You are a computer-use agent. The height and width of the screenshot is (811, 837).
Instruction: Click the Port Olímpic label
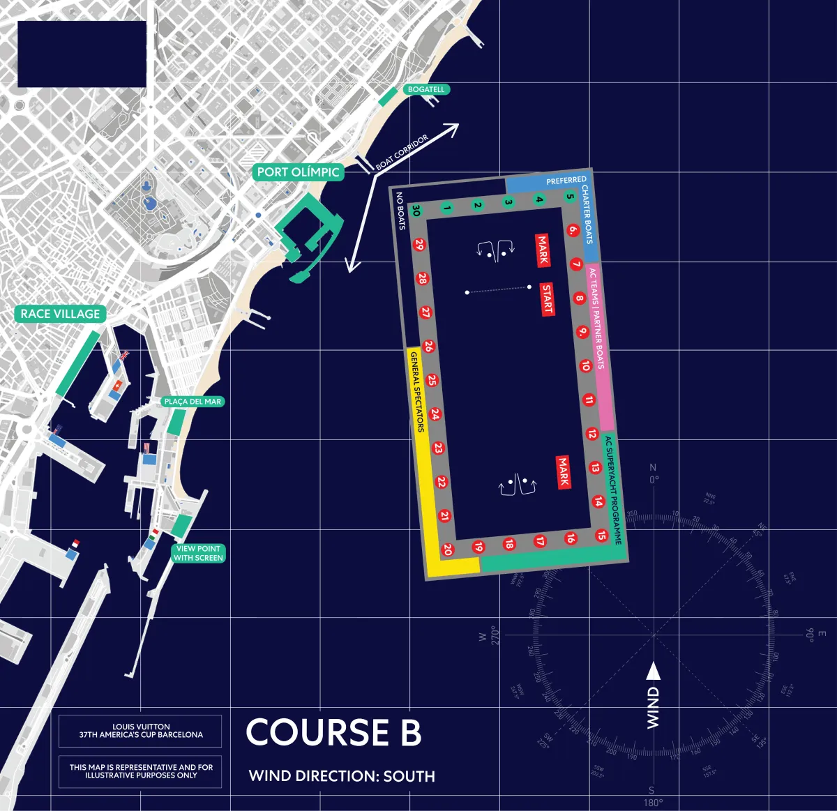(298, 172)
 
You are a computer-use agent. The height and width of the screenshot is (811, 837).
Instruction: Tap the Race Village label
(60, 314)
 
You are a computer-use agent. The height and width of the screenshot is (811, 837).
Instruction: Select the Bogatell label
(426, 89)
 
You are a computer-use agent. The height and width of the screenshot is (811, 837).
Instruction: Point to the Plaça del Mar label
(193, 402)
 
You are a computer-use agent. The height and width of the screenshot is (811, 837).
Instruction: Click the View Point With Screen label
(199, 553)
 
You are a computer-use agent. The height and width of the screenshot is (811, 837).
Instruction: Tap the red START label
(548, 299)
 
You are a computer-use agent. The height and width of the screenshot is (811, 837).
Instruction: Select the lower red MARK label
(564, 472)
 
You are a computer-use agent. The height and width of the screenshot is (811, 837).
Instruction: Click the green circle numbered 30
(416, 211)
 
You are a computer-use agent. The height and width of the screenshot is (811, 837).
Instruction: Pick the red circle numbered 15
(601, 535)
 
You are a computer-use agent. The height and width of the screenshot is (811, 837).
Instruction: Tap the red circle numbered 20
(448, 549)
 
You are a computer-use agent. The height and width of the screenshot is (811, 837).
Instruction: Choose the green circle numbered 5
(570, 197)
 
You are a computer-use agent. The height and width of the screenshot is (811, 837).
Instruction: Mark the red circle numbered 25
(432, 380)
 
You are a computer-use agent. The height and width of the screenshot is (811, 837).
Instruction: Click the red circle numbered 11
(589, 400)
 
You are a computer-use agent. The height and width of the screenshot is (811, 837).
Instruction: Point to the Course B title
(333, 732)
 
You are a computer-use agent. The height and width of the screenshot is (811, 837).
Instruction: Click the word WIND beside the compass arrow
(653, 708)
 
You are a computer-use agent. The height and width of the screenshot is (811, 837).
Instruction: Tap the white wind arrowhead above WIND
(653, 671)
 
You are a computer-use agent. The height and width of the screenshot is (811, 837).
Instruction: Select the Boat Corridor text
(402, 153)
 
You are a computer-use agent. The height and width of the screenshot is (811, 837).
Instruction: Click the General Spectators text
(416, 392)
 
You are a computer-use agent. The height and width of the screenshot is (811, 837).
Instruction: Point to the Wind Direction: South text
(342, 776)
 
